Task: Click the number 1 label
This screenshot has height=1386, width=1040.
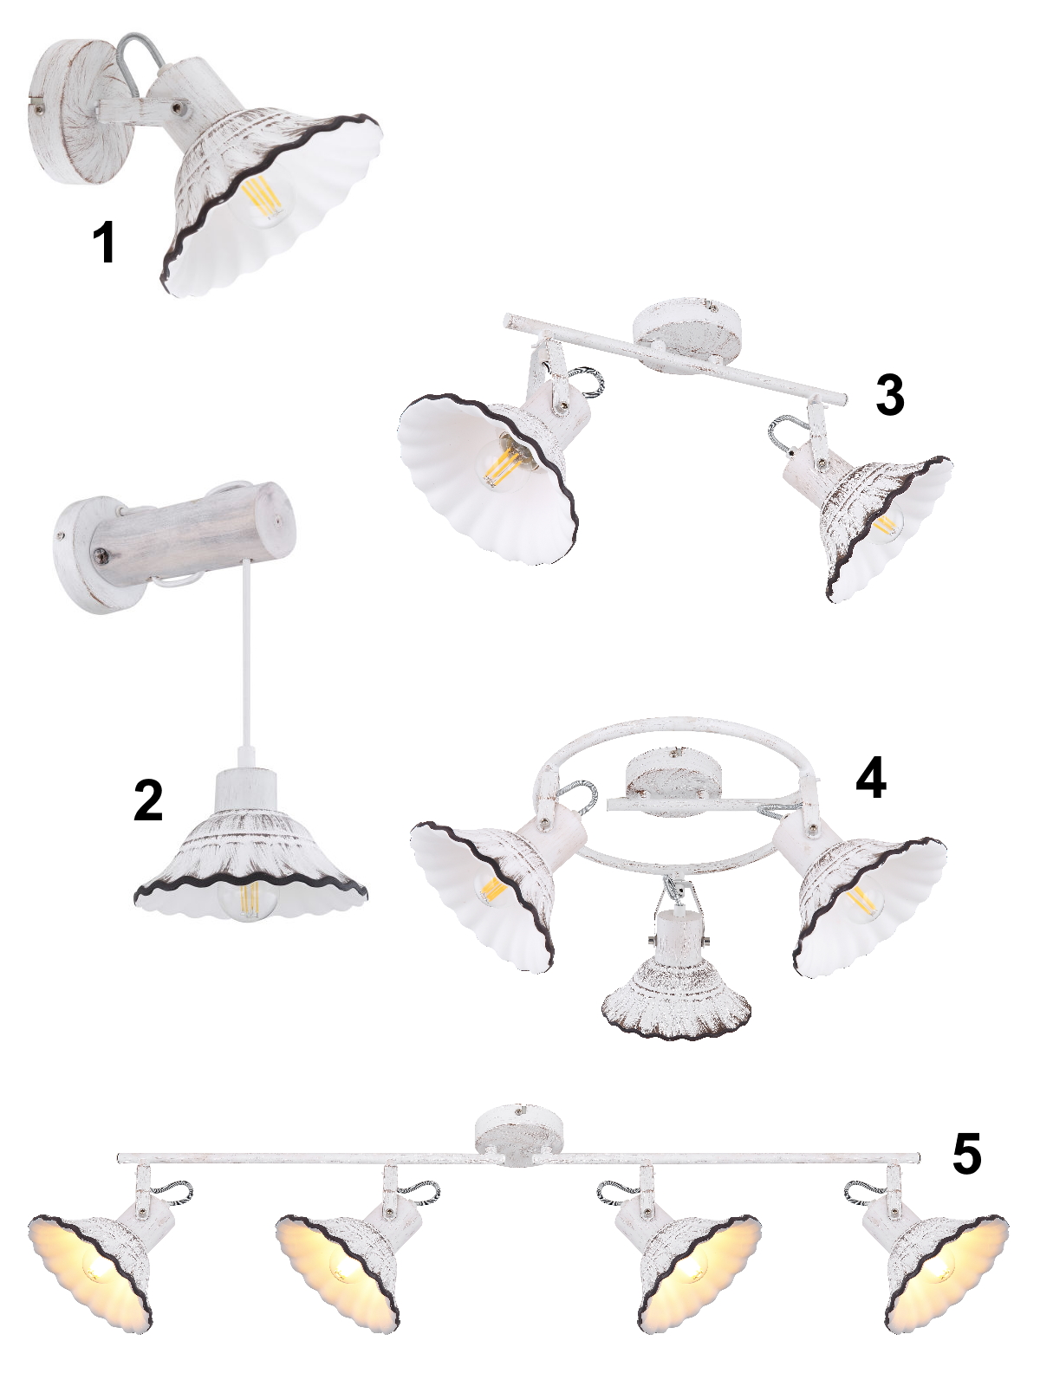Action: coord(104,243)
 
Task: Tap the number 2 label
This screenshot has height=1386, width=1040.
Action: coord(148,800)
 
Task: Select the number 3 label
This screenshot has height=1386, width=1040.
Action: coord(890,395)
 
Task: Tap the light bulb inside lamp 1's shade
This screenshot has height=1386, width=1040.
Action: coord(262,199)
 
